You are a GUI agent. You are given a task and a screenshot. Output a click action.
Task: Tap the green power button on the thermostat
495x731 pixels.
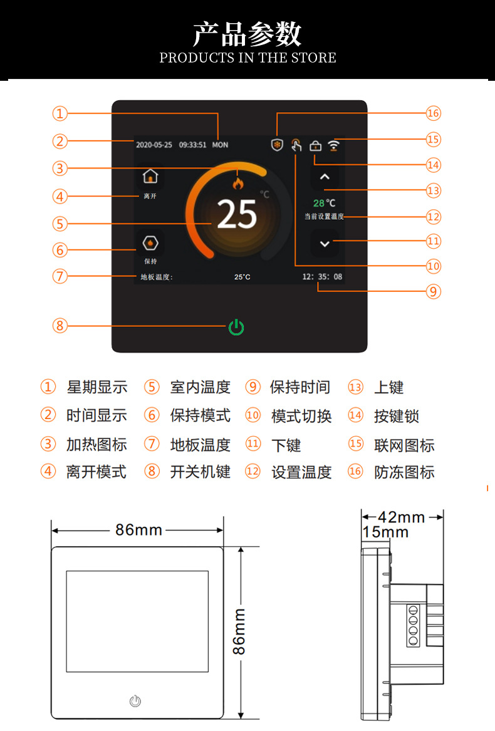coord(236,327)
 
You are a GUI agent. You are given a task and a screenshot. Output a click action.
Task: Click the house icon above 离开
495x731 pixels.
coord(150,176)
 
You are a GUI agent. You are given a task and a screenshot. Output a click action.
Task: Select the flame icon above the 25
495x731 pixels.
coord(238,183)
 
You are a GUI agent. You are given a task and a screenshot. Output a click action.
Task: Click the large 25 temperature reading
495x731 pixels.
coord(237,214)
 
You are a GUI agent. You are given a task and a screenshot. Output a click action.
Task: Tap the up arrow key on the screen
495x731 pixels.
coord(325,177)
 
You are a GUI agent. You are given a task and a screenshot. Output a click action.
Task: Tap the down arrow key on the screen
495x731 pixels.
coord(325,244)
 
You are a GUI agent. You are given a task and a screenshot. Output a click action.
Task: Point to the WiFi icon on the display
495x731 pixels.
coord(333,145)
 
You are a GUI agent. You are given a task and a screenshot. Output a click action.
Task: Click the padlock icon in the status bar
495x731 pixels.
coord(315,146)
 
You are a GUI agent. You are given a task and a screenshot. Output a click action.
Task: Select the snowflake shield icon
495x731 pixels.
coord(277,145)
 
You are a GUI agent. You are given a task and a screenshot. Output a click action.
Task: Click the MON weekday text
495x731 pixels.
coord(220,145)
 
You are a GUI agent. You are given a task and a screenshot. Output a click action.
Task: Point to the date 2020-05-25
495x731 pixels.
coord(154,145)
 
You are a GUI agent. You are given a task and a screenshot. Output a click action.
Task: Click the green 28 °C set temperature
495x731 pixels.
coord(324,203)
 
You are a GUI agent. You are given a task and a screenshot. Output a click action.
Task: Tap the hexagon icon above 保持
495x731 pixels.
coord(150,244)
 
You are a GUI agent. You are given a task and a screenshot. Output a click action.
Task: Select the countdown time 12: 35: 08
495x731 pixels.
coord(323,276)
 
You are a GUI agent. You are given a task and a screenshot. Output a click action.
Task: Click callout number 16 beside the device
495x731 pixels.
coord(434,113)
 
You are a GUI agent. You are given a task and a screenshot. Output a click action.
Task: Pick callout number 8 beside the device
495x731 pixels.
coord(60,325)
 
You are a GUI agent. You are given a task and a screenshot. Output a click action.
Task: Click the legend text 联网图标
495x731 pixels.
coord(404,445)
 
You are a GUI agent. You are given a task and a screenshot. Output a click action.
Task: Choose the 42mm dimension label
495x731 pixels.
coord(401,517)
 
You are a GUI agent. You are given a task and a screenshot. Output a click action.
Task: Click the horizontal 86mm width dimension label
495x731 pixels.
coord(138,530)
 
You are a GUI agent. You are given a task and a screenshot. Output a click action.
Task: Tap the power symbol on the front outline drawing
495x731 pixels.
coord(135,701)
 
